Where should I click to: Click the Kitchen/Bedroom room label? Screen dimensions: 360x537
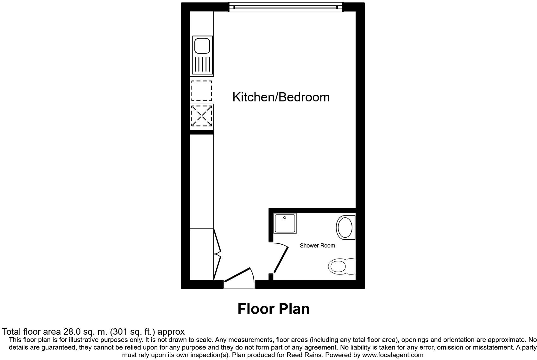coord(281,97)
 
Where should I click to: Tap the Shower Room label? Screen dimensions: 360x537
coord(317,246)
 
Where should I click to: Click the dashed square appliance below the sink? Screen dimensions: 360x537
coord(202,91)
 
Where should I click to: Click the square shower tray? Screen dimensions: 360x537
coord(285,224)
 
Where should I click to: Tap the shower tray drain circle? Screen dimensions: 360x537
coord(285,218)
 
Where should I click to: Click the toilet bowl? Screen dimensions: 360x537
coord(337,267)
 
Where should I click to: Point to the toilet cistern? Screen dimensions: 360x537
coord(351,267)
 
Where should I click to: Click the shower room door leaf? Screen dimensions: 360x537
coord(281,260)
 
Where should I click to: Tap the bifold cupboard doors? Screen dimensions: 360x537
coord(217,254)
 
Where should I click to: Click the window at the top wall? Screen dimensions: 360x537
coord(286,7)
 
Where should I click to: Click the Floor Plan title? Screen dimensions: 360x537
coord(273,309)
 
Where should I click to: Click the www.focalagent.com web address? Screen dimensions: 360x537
coord(393,355)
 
